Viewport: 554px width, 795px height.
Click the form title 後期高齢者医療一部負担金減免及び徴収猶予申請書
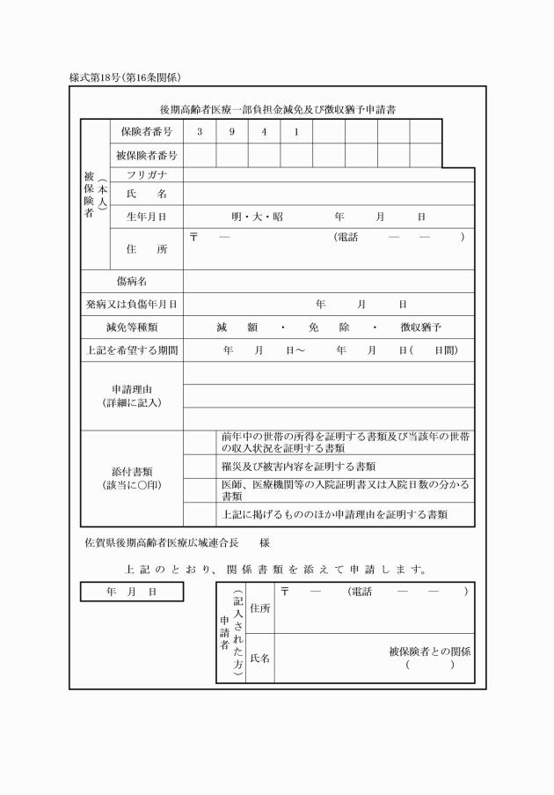(x=277, y=110)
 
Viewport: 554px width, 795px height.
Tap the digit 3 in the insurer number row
(x=200, y=132)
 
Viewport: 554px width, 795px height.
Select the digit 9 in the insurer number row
(x=232, y=132)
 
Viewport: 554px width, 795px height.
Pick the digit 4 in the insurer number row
(x=264, y=132)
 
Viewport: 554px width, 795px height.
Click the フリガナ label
(x=146, y=174)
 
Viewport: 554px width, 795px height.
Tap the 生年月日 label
(x=146, y=216)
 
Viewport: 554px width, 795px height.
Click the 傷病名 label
(x=131, y=281)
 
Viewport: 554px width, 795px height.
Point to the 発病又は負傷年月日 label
(x=131, y=305)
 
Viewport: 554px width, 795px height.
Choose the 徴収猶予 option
(x=420, y=328)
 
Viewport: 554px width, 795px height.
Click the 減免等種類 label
(x=131, y=328)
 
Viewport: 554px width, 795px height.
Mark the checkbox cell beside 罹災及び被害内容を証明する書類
(x=199, y=466)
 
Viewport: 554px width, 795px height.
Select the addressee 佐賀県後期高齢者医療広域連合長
(x=161, y=543)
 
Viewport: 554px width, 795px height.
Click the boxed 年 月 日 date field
(x=132, y=593)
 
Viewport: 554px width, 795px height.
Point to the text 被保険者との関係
(x=430, y=652)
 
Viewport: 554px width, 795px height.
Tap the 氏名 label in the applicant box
(x=260, y=658)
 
